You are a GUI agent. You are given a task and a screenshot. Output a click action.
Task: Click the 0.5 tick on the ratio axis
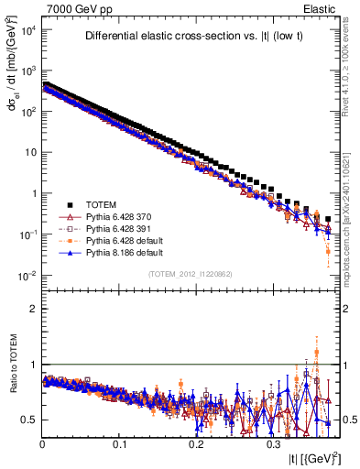[x=30, y=420]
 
